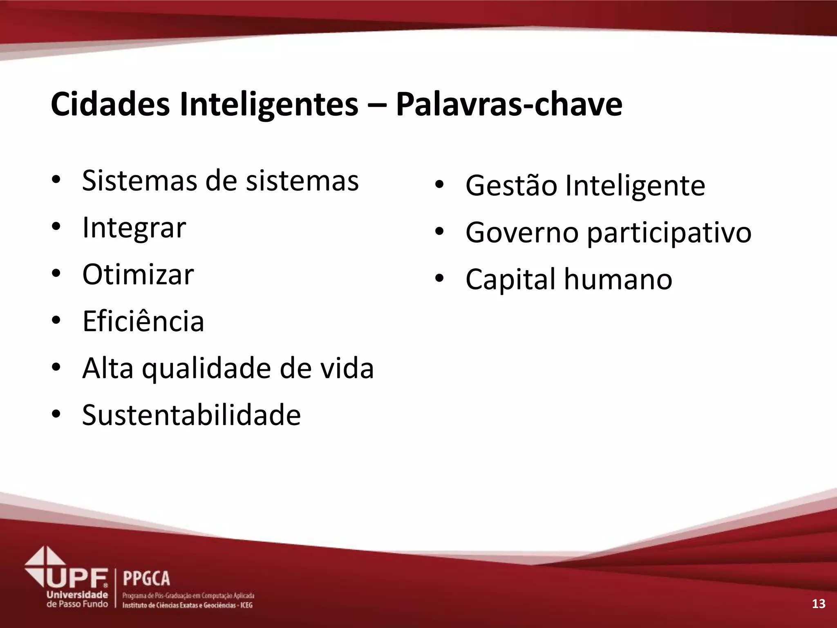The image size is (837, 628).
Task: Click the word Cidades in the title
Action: click(x=110, y=104)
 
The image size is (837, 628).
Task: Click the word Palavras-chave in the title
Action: click(x=509, y=105)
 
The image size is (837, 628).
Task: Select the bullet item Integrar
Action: click(x=134, y=228)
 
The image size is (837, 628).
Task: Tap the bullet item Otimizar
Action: click(x=138, y=274)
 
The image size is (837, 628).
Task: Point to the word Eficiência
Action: click(x=143, y=321)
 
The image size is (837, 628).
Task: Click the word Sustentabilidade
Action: click(x=191, y=415)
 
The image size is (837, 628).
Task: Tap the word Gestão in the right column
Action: click(x=511, y=186)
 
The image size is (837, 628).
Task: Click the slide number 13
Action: click(x=818, y=603)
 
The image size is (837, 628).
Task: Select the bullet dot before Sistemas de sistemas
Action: click(x=56, y=180)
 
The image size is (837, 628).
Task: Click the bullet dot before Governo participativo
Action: click(x=439, y=232)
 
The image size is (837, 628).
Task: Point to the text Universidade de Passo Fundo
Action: click(x=77, y=599)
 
